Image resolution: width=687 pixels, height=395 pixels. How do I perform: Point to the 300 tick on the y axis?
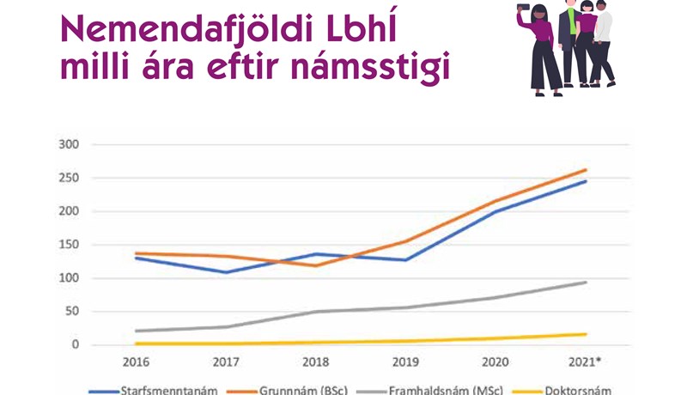[x=69, y=145]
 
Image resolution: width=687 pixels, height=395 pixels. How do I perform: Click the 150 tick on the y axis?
[x=69, y=245]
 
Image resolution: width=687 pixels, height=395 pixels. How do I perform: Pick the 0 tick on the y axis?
[x=75, y=345]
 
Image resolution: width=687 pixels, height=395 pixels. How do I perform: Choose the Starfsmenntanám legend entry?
[x=168, y=389]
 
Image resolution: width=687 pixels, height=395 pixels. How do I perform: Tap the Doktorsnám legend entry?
[x=584, y=389]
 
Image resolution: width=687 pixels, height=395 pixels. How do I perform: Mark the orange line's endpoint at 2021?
[x=586, y=170]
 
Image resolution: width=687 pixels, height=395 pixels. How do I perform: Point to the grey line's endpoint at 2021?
[x=586, y=283]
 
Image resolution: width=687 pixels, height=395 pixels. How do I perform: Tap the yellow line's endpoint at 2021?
[x=586, y=334]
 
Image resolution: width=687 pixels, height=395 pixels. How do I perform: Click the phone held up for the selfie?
[x=522, y=8]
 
